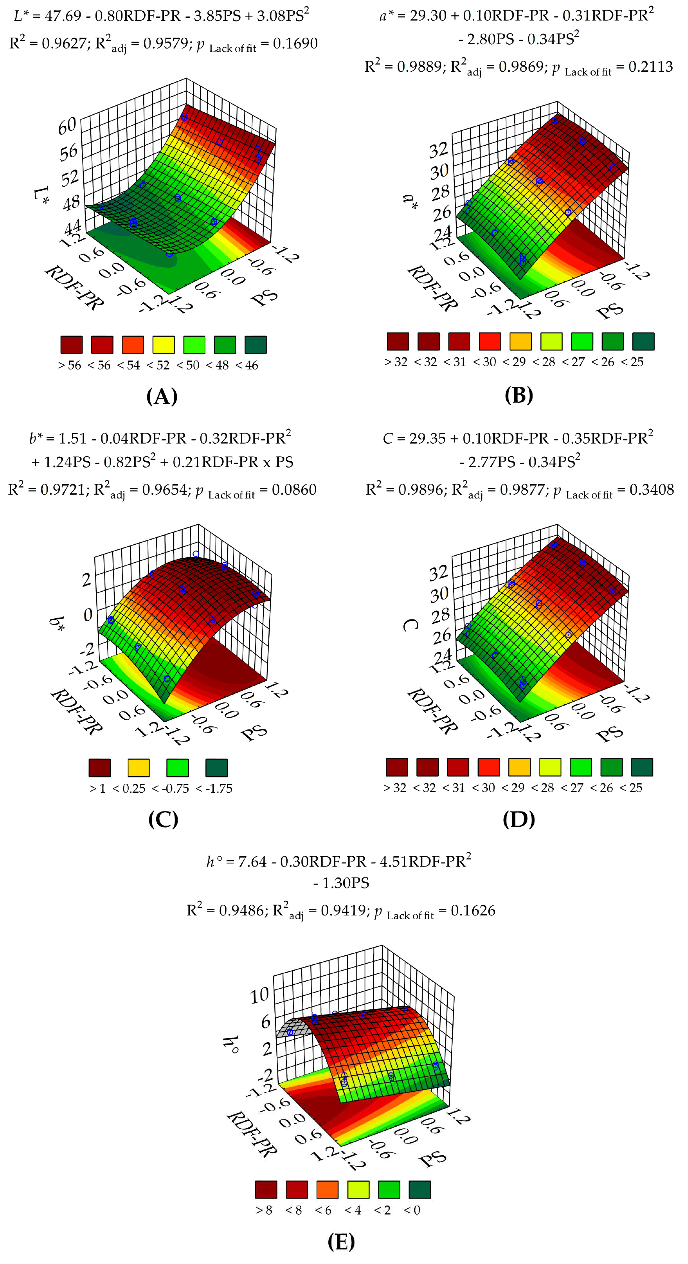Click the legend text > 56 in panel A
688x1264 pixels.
pos(69,365)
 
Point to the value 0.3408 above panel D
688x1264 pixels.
pos(652,490)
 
